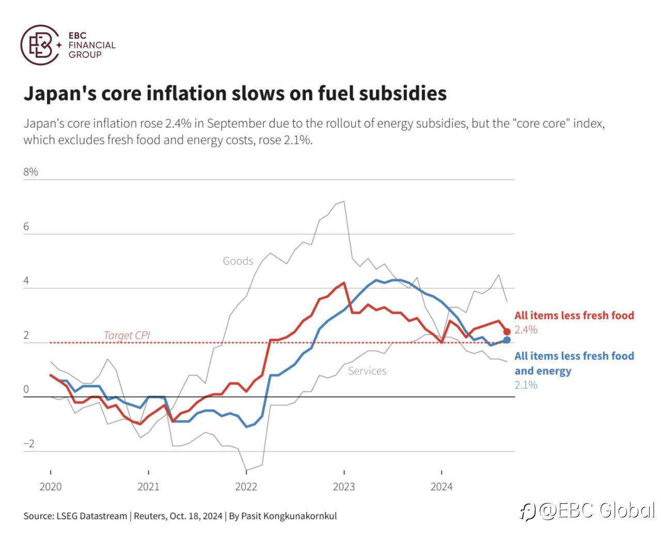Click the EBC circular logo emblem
click(x=40, y=45)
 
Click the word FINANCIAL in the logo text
click(x=92, y=45)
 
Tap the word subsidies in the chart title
click(x=402, y=93)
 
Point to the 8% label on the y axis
click(x=30, y=171)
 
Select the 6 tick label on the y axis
click(x=26, y=227)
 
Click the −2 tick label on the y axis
click(x=29, y=444)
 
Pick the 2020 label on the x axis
click(x=51, y=486)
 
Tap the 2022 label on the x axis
click(x=246, y=486)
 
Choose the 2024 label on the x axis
click(x=442, y=486)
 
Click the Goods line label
click(x=238, y=261)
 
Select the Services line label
click(x=367, y=371)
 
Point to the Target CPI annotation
click(x=127, y=335)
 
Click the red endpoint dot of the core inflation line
click(x=507, y=331)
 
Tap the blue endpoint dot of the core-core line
click(x=507, y=340)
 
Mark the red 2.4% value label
click(x=526, y=329)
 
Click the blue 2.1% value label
click(x=526, y=385)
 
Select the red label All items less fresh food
click(x=574, y=315)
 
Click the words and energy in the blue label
click(x=543, y=371)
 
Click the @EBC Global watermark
click(x=588, y=511)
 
